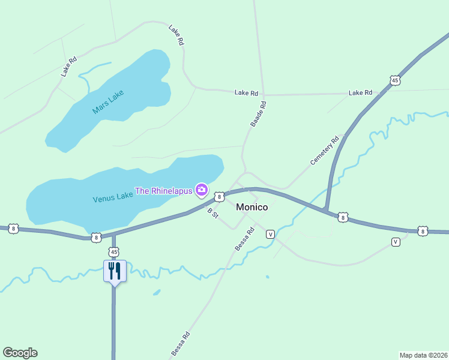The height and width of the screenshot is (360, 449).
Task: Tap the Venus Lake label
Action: point(112,197)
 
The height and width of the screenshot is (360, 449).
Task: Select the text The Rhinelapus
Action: point(163,191)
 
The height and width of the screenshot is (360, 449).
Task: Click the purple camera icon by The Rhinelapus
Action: point(201,191)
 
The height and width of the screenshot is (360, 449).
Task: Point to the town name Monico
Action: point(252,207)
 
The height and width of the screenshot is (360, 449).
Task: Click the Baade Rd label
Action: point(258,113)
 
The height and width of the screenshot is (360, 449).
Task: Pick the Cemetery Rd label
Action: point(325,151)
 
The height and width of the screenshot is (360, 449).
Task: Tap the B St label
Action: point(212,212)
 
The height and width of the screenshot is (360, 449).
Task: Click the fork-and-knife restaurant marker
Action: point(114,271)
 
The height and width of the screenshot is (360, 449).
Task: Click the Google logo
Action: point(20,353)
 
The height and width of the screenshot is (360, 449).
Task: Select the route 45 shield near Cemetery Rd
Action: point(394,80)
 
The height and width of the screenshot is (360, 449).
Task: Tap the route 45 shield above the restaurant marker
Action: point(114,251)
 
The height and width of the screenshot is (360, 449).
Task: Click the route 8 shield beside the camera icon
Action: point(220,196)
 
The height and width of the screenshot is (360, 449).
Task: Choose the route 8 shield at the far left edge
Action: point(13,229)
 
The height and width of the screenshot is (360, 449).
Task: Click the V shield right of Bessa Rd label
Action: point(270,233)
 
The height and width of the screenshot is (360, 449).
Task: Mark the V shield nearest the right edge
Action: point(395,242)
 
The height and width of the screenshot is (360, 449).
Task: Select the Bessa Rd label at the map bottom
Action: point(180,343)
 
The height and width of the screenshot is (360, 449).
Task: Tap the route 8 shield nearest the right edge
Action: point(423,231)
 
